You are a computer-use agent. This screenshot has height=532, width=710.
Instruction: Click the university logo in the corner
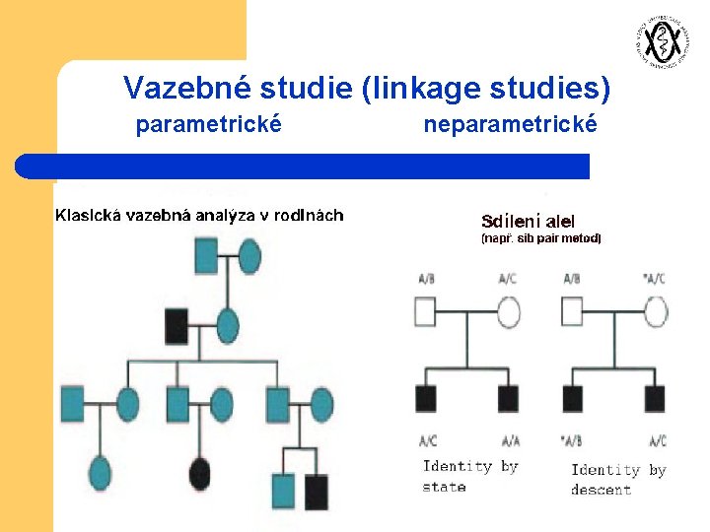[x=659, y=40]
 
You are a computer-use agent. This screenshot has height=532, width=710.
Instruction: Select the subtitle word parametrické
[x=208, y=125]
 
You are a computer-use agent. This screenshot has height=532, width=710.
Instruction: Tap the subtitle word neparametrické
[x=510, y=125]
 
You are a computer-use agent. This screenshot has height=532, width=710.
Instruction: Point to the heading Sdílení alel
[x=528, y=222]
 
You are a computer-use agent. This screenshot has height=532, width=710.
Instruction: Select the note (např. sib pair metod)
[x=540, y=238]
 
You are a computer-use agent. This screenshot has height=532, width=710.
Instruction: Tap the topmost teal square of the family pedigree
[x=205, y=259]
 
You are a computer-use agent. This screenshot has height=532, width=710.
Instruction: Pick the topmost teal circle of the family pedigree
[x=249, y=259]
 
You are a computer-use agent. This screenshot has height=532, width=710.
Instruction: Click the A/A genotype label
[x=510, y=440]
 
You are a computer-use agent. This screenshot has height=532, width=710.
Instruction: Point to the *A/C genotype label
[x=654, y=279]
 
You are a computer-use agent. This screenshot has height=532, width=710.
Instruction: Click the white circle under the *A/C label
[x=656, y=313]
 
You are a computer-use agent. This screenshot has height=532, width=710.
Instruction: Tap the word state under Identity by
[x=444, y=487]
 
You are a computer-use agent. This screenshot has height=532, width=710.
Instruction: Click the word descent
[x=601, y=490]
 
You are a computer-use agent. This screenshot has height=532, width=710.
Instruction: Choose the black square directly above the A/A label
[x=508, y=399]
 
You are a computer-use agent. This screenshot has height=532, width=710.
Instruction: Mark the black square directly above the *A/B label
[x=572, y=399]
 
